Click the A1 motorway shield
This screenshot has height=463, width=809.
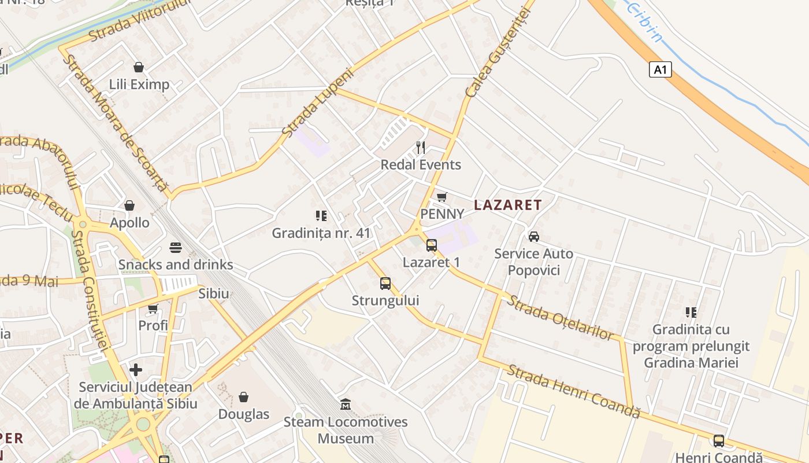[x=660, y=70]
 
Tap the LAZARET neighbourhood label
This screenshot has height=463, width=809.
[x=508, y=205]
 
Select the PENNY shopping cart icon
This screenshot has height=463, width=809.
[x=442, y=197]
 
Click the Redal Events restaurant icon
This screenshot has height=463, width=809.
[x=421, y=148]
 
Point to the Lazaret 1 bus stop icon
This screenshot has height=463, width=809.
[x=431, y=245]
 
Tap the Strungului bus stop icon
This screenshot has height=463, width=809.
[x=385, y=284]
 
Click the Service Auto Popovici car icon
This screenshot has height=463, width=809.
[x=534, y=237]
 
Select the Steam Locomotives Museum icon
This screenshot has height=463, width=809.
[x=346, y=404]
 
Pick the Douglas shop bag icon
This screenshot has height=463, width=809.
[x=244, y=397]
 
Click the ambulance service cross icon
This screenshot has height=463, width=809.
[x=136, y=369]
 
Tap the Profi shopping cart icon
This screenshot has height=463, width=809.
[x=153, y=308]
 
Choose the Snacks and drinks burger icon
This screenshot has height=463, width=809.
[x=176, y=248]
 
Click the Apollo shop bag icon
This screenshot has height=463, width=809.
[x=129, y=205]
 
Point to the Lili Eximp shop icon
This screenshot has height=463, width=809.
[x=139, y=67]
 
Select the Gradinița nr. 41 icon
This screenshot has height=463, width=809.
[x=321, y=216]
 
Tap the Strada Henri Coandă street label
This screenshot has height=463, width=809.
[x=574, y=391]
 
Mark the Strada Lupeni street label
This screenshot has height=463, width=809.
[x=317, y=103]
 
